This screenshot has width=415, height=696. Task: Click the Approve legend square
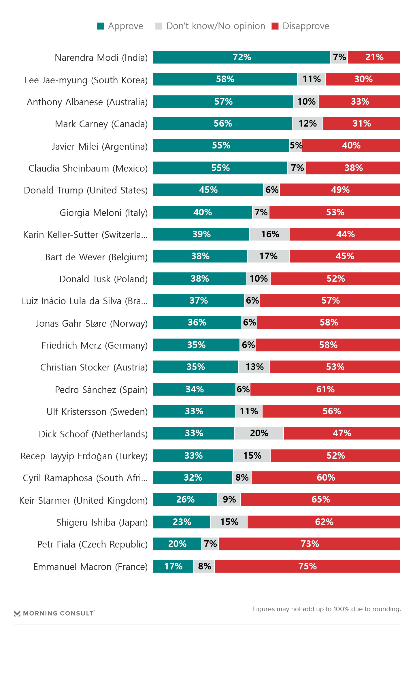tap(101, 26)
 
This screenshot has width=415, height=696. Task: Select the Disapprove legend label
tap(305, 26)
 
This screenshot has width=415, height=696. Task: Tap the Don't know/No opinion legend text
tap(216, 26)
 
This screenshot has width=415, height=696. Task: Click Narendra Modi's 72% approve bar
tap(241, 57)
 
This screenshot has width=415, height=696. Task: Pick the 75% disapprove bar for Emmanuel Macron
tap(307, 566)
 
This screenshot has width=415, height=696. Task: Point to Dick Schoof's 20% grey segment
tap(259, 433)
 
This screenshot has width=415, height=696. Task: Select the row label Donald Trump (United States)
tap(86, 190)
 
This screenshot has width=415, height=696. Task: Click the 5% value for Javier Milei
tap(296, 145)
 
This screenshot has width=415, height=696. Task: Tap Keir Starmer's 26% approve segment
tap(185, 499)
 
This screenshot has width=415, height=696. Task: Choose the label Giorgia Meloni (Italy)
tap(103, 213)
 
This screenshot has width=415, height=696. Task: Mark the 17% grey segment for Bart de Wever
tap(268, 256)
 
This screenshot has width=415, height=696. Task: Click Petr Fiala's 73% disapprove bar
tap(310, 544)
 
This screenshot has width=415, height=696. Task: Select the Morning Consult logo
tap(54, 613)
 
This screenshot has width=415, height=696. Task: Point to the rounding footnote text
tap(327, 609)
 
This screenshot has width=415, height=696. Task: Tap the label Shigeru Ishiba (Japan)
tap(102, 522)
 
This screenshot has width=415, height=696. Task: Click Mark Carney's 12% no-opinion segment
tap(308, 123)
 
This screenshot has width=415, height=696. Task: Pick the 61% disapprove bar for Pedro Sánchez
tap(325, 389)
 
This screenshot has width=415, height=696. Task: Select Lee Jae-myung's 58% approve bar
tap(225, 79)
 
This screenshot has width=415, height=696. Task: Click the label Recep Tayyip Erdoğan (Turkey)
tap(84, 456)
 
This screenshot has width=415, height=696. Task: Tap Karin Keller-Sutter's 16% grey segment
tap(270, 234)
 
